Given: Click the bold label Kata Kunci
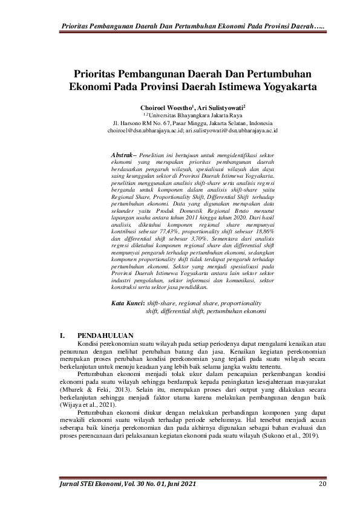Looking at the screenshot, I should pos(128,303).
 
